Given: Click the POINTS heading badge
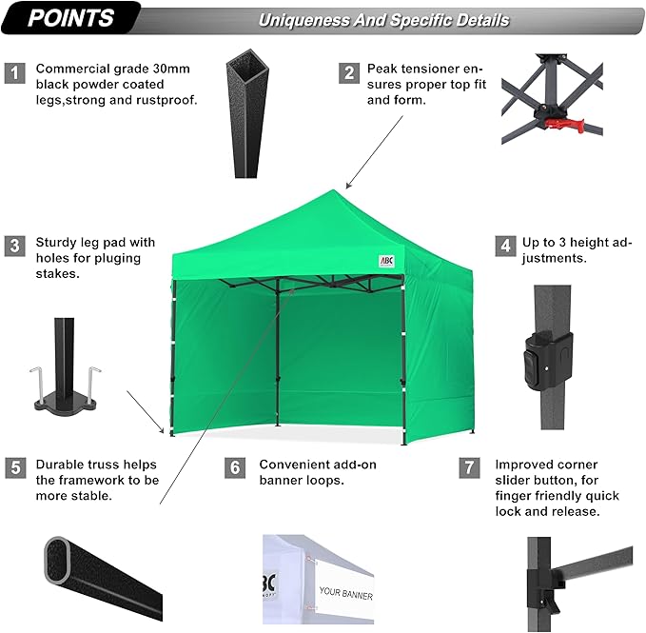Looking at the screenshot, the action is (70, 18).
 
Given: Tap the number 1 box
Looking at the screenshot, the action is (15, 73).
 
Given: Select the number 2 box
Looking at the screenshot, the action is (349, 73).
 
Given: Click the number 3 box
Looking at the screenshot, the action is (15, 246).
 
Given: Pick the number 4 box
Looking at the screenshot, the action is (505, 246).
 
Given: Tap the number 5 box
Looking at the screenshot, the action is (15, 467).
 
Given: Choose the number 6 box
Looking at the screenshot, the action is (235, 467).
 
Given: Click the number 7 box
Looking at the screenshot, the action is (469, 467).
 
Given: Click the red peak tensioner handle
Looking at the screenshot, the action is (565, 125).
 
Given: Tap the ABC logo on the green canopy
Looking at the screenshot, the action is (386, 261).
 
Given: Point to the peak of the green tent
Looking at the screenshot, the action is (333, 190).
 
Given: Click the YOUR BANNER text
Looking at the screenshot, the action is (346, 593).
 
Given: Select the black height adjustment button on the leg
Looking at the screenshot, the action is (548, 361).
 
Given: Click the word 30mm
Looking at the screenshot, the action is (171, 69).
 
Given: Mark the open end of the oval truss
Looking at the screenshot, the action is (58, 560).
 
